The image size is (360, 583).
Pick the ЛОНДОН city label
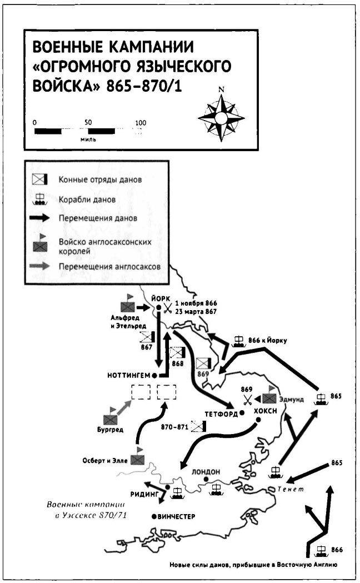tap(206, 471)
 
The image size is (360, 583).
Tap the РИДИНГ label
tap(145, 492)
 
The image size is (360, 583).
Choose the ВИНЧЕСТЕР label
tap(177, 516)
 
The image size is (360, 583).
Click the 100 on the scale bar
tap(141, 123)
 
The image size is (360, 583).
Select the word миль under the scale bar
tap(88, 139)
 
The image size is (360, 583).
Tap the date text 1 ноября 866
tap(196, 303)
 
